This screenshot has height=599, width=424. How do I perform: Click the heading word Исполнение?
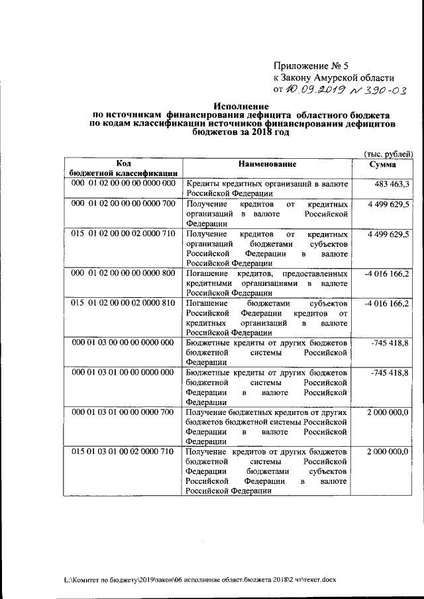pos(240,106)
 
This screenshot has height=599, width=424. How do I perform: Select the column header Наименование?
pos(268,163)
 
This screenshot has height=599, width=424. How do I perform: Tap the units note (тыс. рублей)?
pos(390,154)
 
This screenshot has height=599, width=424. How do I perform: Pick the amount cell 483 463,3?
pos(393,183)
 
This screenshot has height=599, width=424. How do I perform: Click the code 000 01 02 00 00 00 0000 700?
pos(123,203)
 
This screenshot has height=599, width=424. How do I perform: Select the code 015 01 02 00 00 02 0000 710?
pos(123,234)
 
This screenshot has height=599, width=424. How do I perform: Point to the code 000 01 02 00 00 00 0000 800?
pos(123,273)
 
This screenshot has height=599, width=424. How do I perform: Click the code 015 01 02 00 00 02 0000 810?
pos(123,304)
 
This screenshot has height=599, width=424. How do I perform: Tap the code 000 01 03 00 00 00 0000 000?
pos(123,343)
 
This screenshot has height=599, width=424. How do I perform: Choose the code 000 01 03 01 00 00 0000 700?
pos(123,412)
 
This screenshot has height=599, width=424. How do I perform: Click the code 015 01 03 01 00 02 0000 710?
pos(123,451)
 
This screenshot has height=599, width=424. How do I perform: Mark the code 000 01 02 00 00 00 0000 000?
pos(123,183)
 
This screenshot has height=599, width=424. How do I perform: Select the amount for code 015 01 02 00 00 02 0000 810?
pos(390,304)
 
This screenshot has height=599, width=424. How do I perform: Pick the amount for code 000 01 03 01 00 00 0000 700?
pos(388,412)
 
